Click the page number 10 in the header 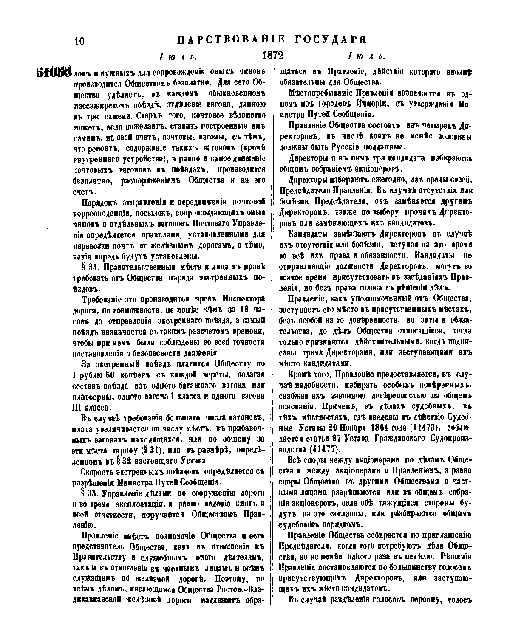[x=79, y=41]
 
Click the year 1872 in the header [x=272, y=55]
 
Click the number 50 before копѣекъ [x=107, y=374]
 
